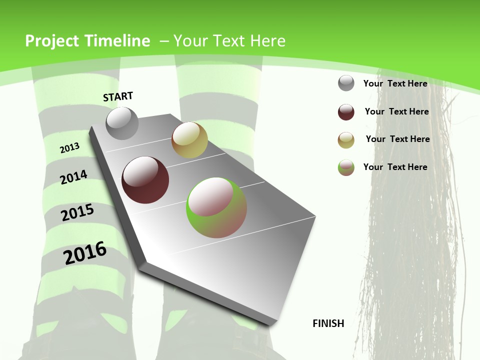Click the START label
click(x=118, y=96)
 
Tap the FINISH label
click(x=328, y=323)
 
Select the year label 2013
click(x=70, y=147)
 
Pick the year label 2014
click(x=74, y=177)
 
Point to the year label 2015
click(x=77, y=212)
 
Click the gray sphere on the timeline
click(x=122, y=123)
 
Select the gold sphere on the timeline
click(x=189, y=140)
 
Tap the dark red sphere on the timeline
click(x=145, y=180)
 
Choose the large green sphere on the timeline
click(x=216, y=207)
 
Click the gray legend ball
click(x=346, y=83)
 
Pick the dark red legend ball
click(x=346, y=112)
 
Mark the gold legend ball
click(x=346, y=140)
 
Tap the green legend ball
click(x=346, y=167)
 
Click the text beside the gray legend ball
click(x=395, y=83)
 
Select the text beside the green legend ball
click(x=395, y=167)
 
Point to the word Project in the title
click(x=51, y=41)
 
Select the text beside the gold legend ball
click(x=397, y=139)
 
